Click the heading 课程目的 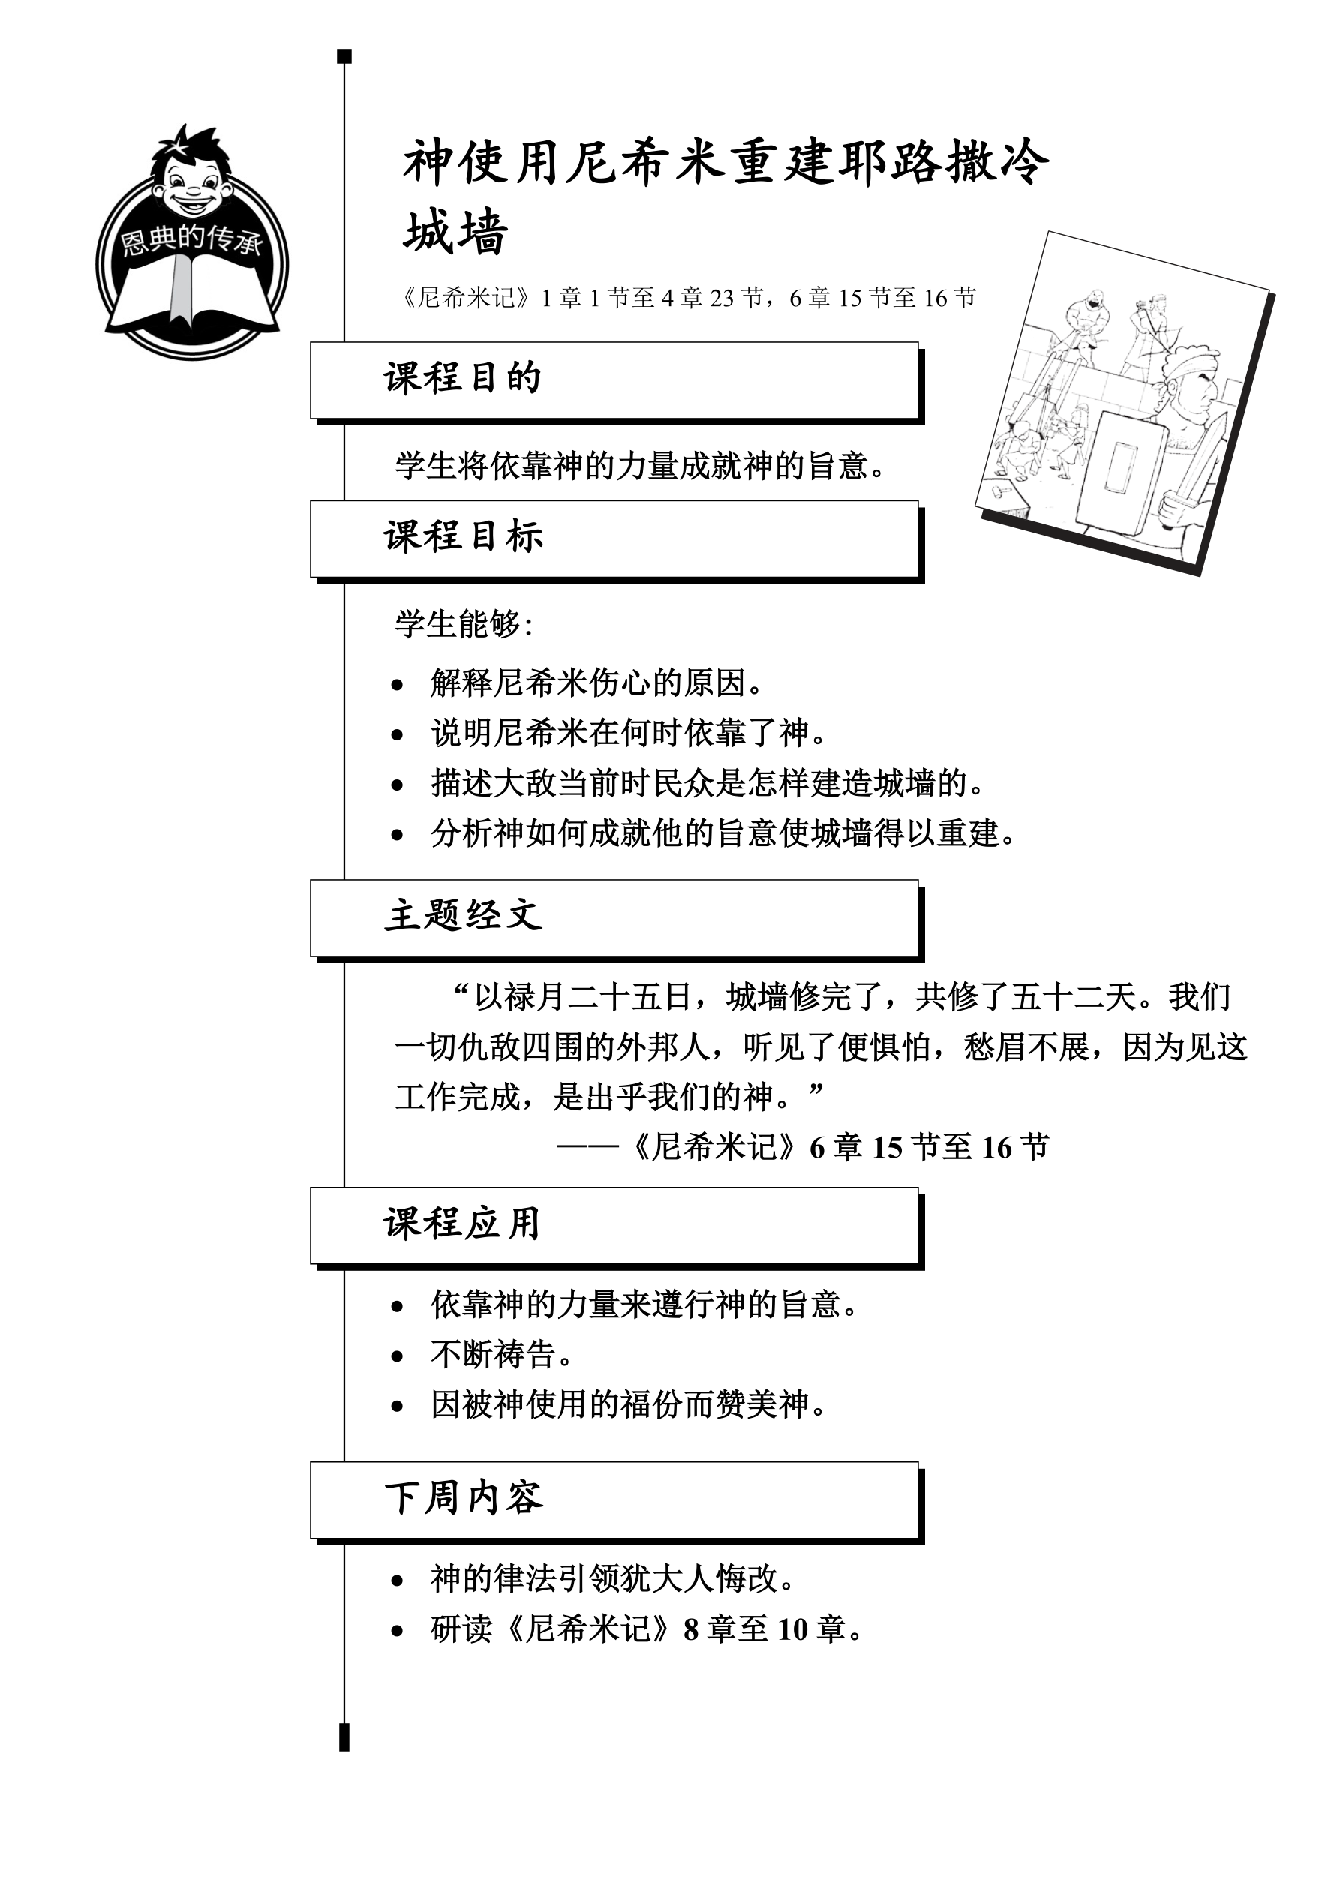coord(462,379)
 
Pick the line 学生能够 coord(463,625)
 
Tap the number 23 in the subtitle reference coord(722,298)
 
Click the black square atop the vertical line coord(345,56)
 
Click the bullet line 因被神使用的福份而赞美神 coord(627,1404)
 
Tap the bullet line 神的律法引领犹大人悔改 coord(611,1580)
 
